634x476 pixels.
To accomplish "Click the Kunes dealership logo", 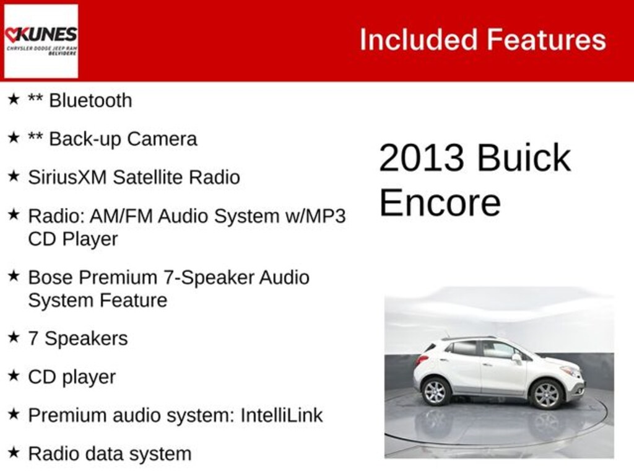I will pyautogui.click(x=41, y=41).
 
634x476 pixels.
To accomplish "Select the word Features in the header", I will pyautogui.click(x=546, y=40).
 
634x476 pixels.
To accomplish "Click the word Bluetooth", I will pyautogui.click(x=90, y=100).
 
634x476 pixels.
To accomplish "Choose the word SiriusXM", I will pyautogui.click(x=67, y=177).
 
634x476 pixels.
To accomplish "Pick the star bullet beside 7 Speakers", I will pyautogui.click(x=14, y=337).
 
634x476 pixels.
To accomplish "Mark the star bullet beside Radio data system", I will pyautogui.click(x=14, y=452).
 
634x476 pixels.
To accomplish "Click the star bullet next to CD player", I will pyautogui.click(x=14, y=376).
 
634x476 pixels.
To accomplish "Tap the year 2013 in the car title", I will pyautogui.click(x=421, y=158).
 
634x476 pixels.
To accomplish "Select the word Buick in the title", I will pyautogui.click(x=524, y=158).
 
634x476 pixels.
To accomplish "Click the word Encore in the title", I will pyautogui.click(x=440, y=203).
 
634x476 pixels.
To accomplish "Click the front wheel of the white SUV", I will pyautogui.click(x=546, y=394).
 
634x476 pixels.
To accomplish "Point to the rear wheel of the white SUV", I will pyautogui.click(x=436, y=391).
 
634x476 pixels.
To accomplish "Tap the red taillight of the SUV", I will pyautogui.click(x=422, y=359).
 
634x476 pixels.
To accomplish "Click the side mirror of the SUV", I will pyautogui.click(x=516, y=358).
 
